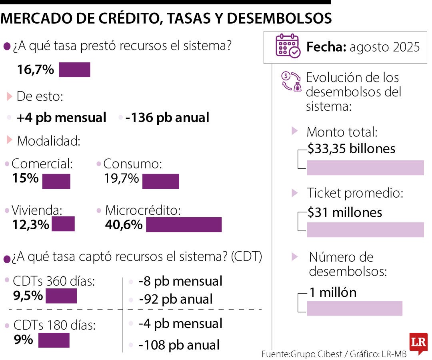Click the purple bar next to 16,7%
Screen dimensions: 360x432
point(74,70)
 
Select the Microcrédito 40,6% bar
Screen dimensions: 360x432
point(184,224)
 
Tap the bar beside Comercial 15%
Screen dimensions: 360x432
point(56,181)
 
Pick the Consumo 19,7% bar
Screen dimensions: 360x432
point(160,181)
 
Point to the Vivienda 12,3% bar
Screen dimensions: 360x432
point(63,224)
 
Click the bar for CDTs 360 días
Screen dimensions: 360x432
point(61,296)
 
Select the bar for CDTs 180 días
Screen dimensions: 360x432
point(54,340)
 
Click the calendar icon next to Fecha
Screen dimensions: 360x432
point(288,46)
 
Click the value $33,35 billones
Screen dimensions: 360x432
point(351,149)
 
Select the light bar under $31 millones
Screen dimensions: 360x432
point(365,230)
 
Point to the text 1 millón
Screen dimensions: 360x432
point(332,292)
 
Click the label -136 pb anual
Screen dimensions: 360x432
point(167,118)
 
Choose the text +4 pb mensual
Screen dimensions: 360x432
point(62,118)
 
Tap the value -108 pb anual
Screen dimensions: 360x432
point(179,344)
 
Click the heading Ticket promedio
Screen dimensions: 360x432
point(355,193)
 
